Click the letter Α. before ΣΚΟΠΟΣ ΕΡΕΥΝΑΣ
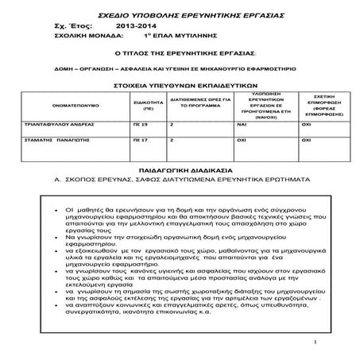pos(59,180)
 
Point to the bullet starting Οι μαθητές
pos(72,207)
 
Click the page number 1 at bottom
pos(317,343)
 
